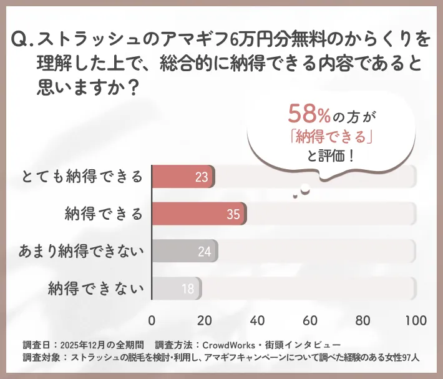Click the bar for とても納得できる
183,177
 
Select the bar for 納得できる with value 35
198,214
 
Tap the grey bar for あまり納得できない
184,252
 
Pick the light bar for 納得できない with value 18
176,288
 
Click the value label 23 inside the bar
202,177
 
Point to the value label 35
233,215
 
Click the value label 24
204,252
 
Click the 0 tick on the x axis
152,320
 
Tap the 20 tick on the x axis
205,320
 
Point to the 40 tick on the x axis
257,320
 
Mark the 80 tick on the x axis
363,320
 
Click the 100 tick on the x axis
416,320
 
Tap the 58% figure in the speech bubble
309,114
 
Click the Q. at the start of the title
22,41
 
